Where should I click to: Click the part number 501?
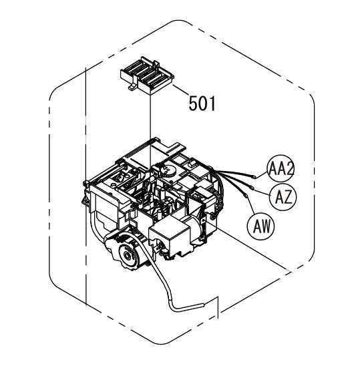[202, 104]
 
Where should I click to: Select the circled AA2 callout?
[281, 168]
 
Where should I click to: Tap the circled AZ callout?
[283, 197]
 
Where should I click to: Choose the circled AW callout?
[261, 226]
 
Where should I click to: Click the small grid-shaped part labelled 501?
[147, 75]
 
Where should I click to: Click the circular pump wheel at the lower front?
[126, 255]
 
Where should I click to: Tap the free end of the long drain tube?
[203, 305]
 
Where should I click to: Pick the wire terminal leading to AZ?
[252, 188]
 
